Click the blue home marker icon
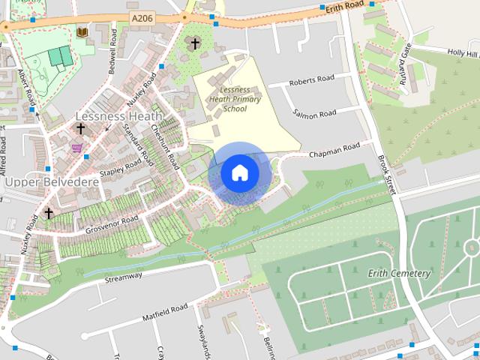[x=239, y=173]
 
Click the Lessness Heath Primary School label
[x=234, y=98]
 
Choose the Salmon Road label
[x=315, y=114]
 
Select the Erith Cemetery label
[x=399, y=273]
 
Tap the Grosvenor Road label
[x=112, y=220]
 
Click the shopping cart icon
[x=76, y=148]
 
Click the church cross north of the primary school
[x=195, y=43]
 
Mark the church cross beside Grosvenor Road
[x=48, y=213]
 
